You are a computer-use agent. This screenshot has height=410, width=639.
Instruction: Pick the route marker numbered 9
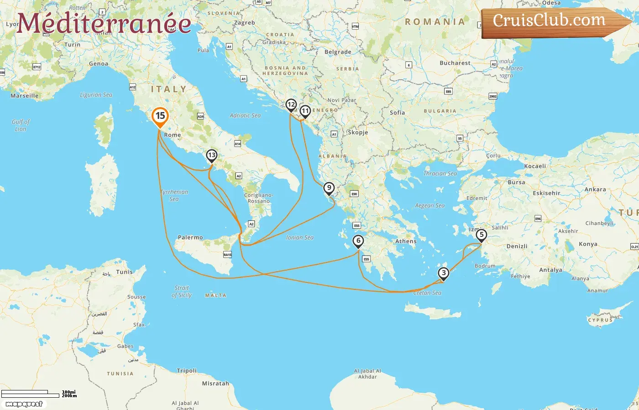pos(329,188)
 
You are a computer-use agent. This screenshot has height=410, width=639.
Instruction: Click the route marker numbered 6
pos(358,241)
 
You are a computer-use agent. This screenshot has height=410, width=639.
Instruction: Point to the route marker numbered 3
pos(443,273)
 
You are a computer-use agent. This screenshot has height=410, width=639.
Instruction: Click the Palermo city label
pos(190,237)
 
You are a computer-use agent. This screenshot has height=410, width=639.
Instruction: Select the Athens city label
pos(406,241)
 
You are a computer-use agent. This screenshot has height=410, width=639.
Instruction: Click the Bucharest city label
pos(455,63)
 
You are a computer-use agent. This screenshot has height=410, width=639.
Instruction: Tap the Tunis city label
pos(124,272)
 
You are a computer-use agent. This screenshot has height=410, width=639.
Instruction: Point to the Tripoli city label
pos(187,371)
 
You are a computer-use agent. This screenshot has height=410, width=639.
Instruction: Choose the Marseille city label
pos(25,96)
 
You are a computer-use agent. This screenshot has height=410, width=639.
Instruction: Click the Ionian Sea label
pos(300,237)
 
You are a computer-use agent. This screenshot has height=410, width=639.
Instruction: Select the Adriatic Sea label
pos(245,116)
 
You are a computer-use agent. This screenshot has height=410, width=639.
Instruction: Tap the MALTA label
pos(215,296)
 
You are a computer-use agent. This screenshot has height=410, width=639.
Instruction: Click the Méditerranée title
pos(104,24)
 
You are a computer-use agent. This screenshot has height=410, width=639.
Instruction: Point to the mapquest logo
pos(24,404)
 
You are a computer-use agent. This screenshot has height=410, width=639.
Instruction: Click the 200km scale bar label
pos(69,396)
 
